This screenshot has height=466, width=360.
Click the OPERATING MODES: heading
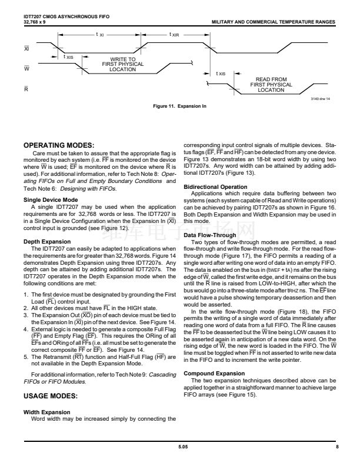coord(58,145)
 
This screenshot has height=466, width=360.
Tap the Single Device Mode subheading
coord(51,200)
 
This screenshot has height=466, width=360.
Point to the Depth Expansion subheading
coord(47,242)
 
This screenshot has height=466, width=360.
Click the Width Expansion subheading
coord(46,412)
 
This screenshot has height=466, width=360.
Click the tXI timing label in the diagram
coord(100,35)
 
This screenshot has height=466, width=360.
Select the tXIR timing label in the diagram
coord(174,35)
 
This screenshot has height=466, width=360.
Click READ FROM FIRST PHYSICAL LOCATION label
coord(271,85)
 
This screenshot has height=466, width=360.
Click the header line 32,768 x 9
coord(36,22)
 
